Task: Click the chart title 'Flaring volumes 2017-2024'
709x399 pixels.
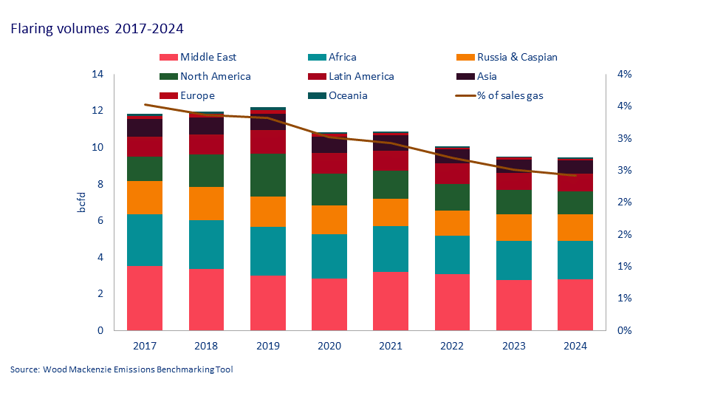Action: [x=97, y=29]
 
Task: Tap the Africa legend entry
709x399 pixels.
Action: [x=344, y=57]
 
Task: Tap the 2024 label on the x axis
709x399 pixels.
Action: [x=575, y=346]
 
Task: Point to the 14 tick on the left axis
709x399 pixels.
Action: [x=97, y=75]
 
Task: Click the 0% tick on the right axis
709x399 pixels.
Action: [x=624, y=330]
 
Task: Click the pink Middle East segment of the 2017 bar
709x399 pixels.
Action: [x=145, y=298]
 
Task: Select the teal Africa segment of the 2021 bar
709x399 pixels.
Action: [x=391, y=248]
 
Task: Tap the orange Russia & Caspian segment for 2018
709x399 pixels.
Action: [x=206, y=203]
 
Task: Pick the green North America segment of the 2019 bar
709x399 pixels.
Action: [x=267, y=175]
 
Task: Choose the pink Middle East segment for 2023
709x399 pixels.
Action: [x=514, y=305]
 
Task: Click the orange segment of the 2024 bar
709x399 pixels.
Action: [x=575, y=228]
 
